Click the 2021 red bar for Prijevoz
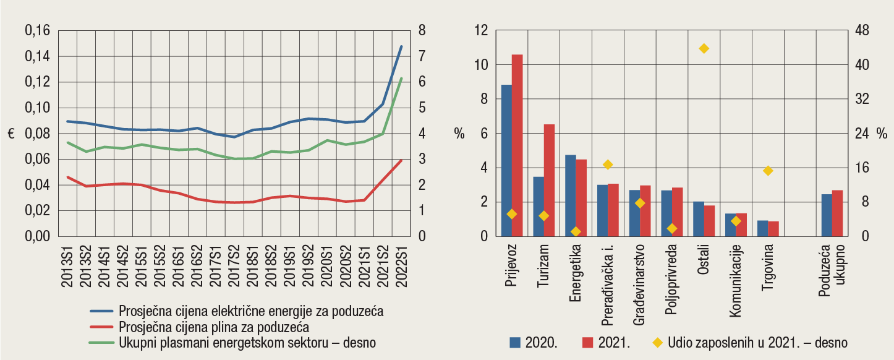click(517, 145)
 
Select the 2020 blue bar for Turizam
click(539, 207)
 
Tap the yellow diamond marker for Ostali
click(704, 48)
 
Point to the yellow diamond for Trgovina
click(768, 171)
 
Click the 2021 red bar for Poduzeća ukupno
click(837, 213)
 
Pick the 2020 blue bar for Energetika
click(570, 195)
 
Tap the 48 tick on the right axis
click(863, 30)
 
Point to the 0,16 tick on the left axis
click(37, 30)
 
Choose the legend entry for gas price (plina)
click(213, 327)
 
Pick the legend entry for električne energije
click(251, 311)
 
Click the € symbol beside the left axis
click(11, 134)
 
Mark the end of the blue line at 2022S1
click(401, 46)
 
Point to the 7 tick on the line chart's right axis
click(422, 56)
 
